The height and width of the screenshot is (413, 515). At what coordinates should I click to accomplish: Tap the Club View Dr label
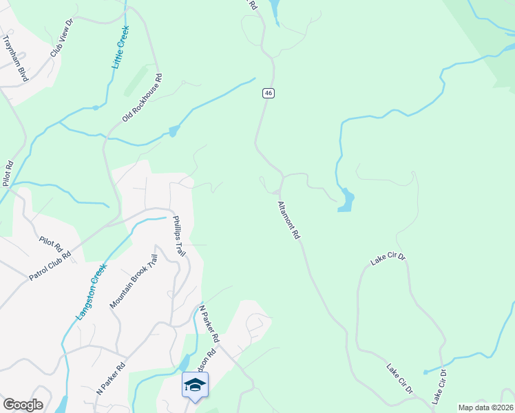coord(61,43)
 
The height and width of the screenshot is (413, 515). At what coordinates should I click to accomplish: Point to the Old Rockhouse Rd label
coord(142,98)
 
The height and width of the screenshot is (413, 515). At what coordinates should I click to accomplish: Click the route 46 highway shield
coord(269,93)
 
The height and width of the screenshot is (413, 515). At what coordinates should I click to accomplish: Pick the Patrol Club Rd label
coord(50,266)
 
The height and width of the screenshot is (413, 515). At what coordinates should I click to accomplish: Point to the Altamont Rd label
coord(288,220)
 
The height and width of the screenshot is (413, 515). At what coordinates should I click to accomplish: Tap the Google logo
coord(23,405)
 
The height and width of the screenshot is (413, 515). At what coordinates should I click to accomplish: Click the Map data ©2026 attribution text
coord(485,407)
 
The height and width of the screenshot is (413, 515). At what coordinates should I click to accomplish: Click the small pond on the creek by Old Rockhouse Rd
coord(173,131)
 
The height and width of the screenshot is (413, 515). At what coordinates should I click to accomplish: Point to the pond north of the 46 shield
coord(275,10)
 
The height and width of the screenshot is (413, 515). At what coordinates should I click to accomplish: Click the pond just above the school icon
coord(183,362)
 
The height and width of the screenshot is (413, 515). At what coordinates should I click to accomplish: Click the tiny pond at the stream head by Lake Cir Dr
coord(425,372)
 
